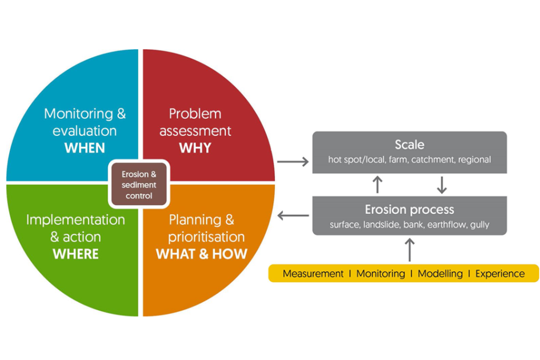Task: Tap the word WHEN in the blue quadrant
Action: point(85,148)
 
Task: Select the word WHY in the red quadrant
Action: point(195,148)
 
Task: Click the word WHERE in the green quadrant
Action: point(75,254)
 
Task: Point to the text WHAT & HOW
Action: point(201,254)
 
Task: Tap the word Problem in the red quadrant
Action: point(195,113)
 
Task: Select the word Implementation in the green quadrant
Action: point(75,219)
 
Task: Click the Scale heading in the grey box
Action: point(409,145)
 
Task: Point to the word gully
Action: point(479,225)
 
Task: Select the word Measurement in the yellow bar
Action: point(313,274)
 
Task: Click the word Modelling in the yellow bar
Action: point(440,274)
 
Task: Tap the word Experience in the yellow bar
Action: point(500,274)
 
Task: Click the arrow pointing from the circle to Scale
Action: point(293,162)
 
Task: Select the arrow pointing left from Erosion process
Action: point(293,216)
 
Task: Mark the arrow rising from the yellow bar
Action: point(410,249)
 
